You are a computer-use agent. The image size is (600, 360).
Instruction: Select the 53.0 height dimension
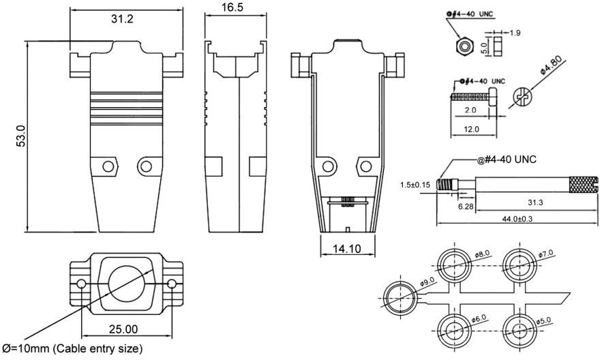(x=20, y=136)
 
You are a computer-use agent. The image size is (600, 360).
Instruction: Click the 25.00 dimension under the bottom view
(x=123, y=329)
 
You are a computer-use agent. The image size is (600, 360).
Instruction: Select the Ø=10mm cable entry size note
(x=73, y=349)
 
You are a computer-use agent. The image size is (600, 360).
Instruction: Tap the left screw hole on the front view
(x=107, y=166)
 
